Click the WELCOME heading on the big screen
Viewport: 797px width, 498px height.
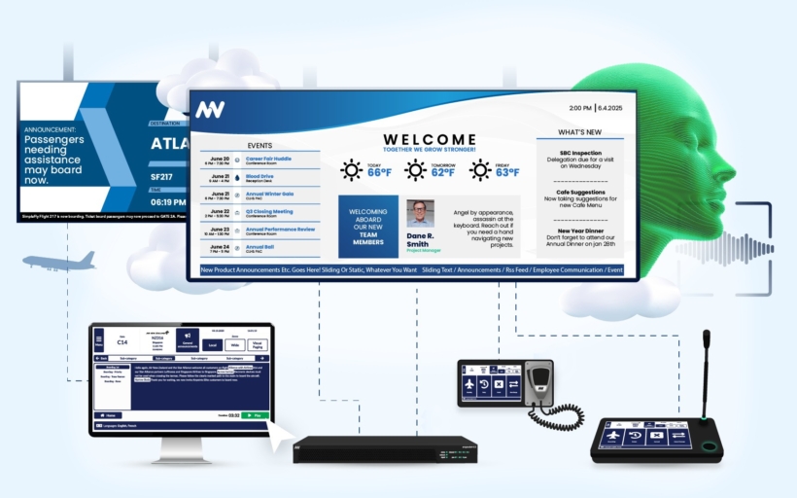click(429, 140)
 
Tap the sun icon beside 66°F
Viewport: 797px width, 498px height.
click(351, 170)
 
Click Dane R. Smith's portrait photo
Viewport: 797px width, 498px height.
click(421, 213)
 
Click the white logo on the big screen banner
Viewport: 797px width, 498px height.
click(209, 110)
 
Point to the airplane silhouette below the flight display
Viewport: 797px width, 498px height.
click(61, 261)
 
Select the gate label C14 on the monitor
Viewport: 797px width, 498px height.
click(122, 341)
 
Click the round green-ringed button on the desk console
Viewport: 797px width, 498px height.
click(709, 445)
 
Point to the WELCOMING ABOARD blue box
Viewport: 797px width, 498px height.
click(367, 226)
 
